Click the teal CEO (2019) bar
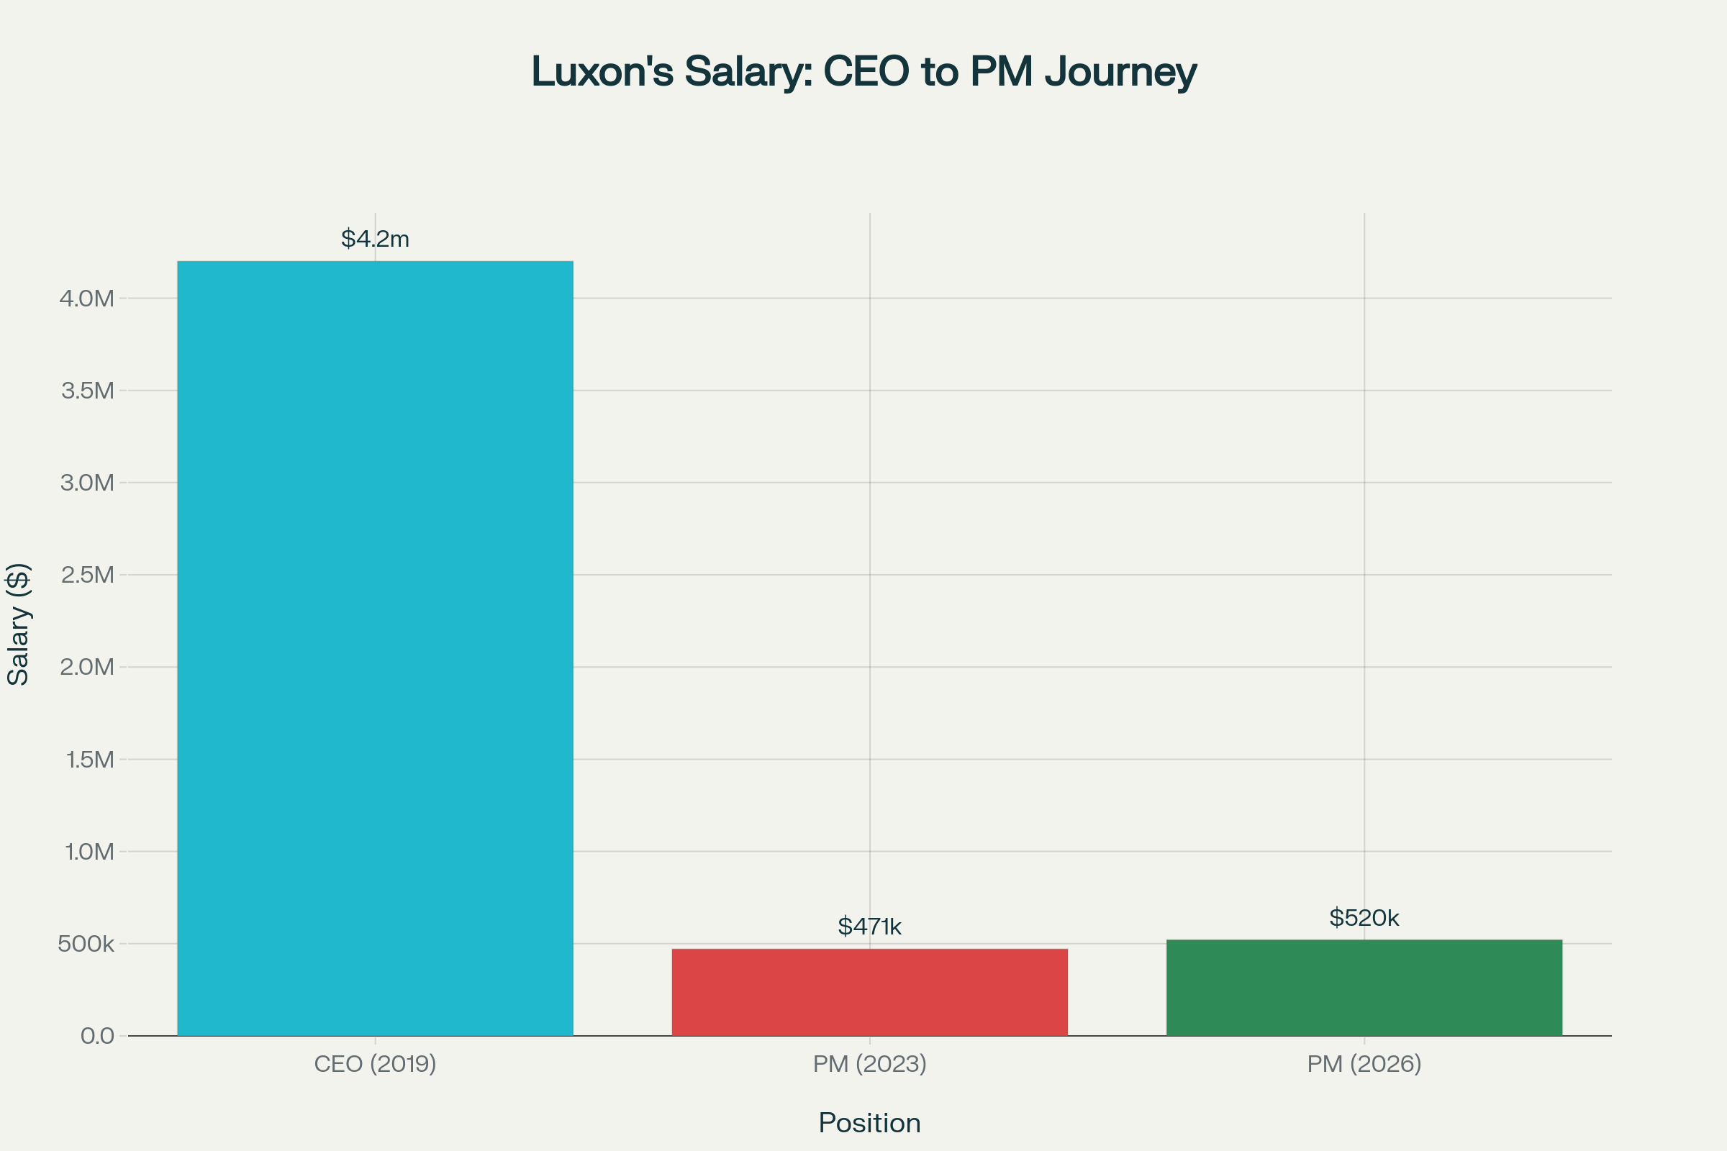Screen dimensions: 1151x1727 click(375, 648)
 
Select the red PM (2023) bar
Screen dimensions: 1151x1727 click(869, 992)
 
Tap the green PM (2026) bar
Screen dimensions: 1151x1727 click(1364, 987)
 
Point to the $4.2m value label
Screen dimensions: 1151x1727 click(375, 239)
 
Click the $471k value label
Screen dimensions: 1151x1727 click(869, 927)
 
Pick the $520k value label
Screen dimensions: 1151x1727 click(1364, 918)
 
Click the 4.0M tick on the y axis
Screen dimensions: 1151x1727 click(86, 299)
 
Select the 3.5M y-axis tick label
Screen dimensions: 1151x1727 click(87, 391)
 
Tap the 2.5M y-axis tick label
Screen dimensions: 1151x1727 click(87, 575)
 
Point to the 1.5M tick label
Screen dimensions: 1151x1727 click(89, 759)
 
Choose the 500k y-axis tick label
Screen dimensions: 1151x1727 click(86, 944)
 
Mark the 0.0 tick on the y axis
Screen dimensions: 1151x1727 click(97, 1036)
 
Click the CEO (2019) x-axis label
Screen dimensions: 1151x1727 click(375, 1064)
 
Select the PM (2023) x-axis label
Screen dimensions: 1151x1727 click(869, 1064)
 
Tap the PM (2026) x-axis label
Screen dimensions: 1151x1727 click(1364, 1064)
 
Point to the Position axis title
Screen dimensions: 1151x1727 click(869, 1123)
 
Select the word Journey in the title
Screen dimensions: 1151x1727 click(1120, 72)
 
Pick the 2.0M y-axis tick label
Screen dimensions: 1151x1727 click(86, 668)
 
